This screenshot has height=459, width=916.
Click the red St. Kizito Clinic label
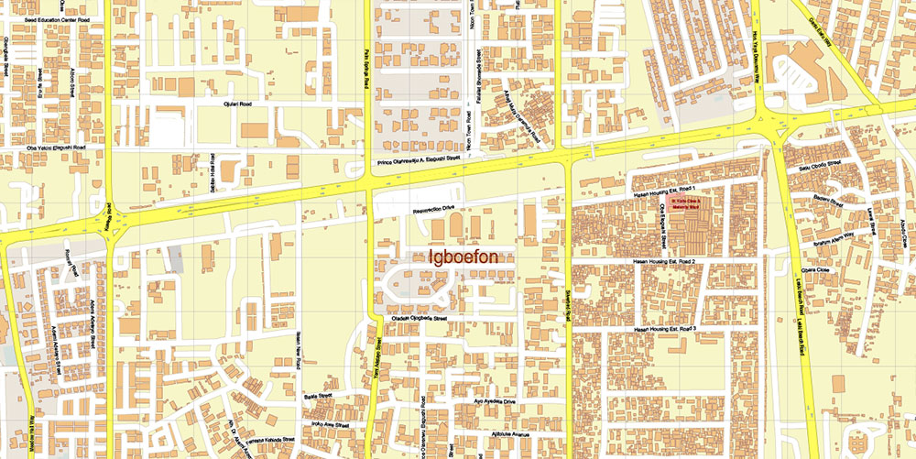coord(686,203)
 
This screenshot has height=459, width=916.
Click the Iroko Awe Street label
coord(330,425)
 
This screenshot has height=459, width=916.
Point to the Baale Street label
coord(318,398)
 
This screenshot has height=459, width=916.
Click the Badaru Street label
coord(823,198)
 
